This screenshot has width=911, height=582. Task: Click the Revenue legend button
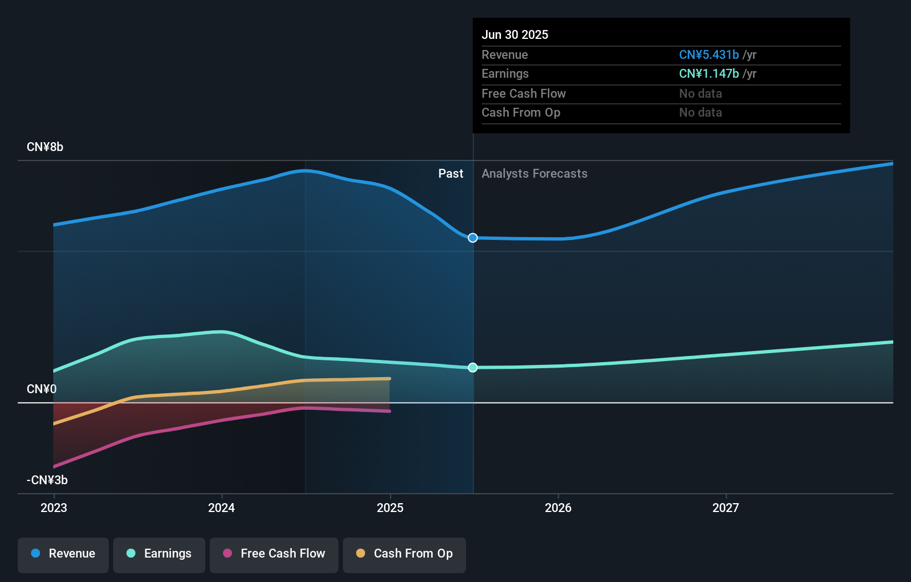[x=63, y=554]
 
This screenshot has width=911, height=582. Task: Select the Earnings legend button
[x=159, y=554]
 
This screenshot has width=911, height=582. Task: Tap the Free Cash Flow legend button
[x=274, y=554]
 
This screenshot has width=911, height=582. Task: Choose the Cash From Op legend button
[x=404, y=554]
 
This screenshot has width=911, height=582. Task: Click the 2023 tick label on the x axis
[x=54, y=508]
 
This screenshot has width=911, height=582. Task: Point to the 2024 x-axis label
[x=221, y=508]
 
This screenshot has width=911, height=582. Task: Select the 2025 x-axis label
[x=390, y=508]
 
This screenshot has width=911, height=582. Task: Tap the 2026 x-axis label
[x=558, y=508]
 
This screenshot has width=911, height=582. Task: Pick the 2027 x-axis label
[x=726, y=508]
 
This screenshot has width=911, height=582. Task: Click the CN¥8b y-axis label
[x=45, y=147]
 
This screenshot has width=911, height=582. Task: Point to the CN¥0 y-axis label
[x=42, y=389]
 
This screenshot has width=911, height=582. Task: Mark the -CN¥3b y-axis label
[x=47, y=480]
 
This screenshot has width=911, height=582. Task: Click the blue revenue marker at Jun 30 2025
[x=473, y=238]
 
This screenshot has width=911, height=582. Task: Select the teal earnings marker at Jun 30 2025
[x=473, y=368]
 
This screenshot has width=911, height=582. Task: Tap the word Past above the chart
[x=451, y=174]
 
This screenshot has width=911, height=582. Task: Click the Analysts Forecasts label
[x=534, y=174]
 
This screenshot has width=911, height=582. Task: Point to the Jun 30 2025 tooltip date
[x=515, y=35]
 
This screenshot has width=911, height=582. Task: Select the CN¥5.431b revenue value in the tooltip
[x=709, y=55]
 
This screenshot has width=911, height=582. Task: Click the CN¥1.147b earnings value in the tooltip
[x=709, y=74]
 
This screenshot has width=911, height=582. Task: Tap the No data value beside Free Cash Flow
[x=701, y=94]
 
